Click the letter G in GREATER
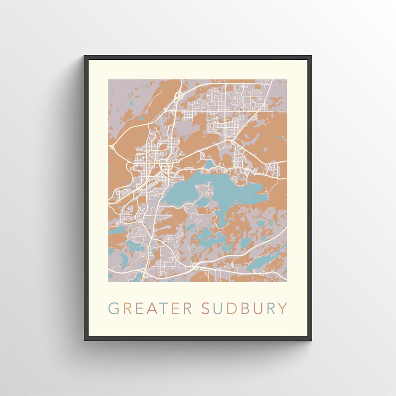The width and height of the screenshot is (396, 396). click(114, 308)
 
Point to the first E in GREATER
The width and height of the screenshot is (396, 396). click(141, 308)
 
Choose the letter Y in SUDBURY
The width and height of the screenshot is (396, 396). click(282, 308)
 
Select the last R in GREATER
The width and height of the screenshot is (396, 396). click(187, 308)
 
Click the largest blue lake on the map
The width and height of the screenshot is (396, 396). click(191, 191)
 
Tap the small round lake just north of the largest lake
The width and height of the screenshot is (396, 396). click(209, 164)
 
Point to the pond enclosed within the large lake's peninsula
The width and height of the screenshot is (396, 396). click(203, 202)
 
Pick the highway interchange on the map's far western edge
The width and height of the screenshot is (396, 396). click(112, 147)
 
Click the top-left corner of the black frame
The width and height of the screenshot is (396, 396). click(85, 56)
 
